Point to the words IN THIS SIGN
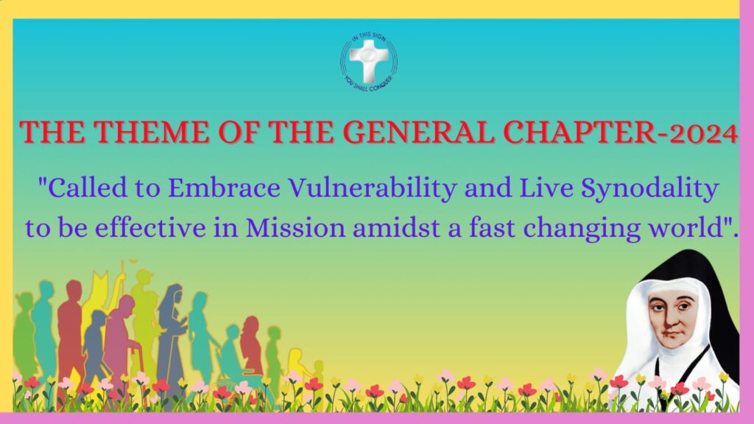coord(369,37)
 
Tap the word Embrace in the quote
coord(224,188)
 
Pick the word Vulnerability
coord(372,188)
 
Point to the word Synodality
coord(650,188)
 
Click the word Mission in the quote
coord(295,227)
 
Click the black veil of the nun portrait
coord(716,289)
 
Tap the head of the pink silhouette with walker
coord(127,304)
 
